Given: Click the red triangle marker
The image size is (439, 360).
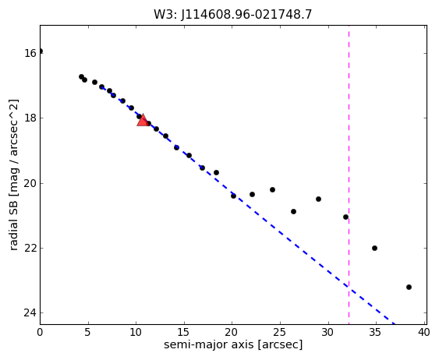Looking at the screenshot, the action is pos(143,120).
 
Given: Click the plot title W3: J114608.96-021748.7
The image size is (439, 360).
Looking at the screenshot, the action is pos(232,14).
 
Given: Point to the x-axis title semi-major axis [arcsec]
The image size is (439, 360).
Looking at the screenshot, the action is pos(233,344).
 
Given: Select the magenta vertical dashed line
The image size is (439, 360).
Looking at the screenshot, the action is pos(349,175).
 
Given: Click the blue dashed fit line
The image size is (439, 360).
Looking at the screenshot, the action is pos(248,206).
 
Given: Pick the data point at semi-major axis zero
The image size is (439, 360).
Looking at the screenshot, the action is pos(41,51).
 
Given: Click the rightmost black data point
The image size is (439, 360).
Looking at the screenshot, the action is pos(409,287).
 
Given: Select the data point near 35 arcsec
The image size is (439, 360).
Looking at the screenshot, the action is pos(374,248).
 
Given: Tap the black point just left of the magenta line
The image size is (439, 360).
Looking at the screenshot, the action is pos(345,217).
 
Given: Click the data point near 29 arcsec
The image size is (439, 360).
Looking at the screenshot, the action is pos(318,199).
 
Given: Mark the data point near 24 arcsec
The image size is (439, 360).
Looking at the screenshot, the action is pos(272,190).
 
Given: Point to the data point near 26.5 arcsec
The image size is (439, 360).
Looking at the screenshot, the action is pos(293,212).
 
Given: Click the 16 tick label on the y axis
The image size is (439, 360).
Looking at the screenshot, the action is pos(30,53).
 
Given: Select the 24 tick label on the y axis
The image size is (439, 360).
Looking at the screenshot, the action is pos(30,313).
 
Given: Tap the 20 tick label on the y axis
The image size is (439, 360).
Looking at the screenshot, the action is pos(30,183).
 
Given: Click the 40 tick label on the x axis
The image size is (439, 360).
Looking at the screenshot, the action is pos(423,332).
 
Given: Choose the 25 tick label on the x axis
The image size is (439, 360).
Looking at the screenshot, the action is pos(280,332).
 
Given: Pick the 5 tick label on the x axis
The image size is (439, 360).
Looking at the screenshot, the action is pos(88,332).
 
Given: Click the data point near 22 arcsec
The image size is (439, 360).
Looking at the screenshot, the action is pos(253,194).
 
